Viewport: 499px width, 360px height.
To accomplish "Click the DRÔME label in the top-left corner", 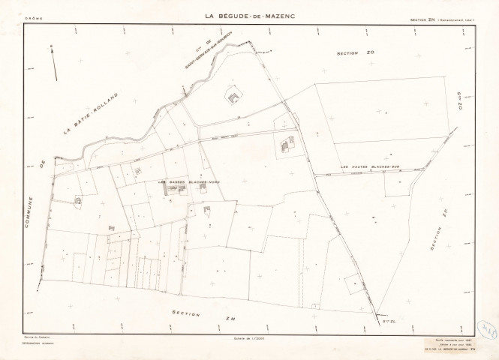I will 34,16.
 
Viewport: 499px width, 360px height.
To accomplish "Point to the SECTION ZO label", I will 355,54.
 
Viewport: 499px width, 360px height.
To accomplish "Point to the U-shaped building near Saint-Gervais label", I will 235,97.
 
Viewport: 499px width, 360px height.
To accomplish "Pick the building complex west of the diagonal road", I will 287,145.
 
